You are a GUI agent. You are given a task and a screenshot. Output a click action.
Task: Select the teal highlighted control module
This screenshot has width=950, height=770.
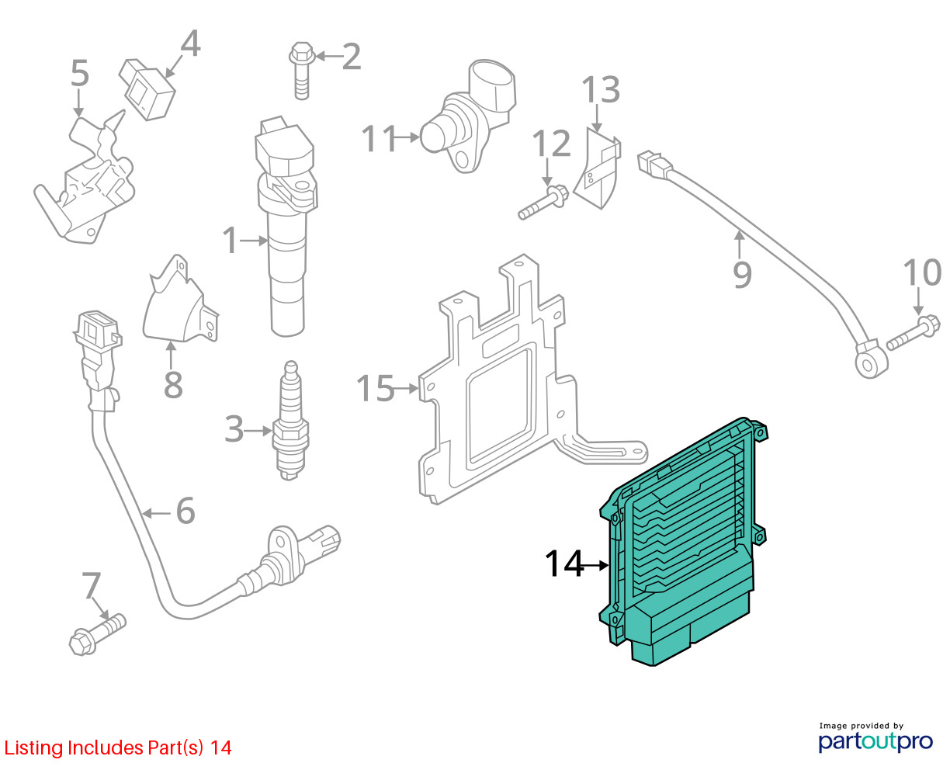click(683, 543)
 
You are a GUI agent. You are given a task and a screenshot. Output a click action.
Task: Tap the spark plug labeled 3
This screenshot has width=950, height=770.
click(290, 423)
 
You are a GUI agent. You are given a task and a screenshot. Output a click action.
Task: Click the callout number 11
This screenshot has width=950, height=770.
click(380, 139)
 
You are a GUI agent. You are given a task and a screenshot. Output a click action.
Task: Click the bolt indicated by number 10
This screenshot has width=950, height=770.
click(914, 332)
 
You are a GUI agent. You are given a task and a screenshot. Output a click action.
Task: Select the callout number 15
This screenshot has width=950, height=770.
click(375, 388)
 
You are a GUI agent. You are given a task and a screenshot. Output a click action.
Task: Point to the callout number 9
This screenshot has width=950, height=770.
click(742, 273)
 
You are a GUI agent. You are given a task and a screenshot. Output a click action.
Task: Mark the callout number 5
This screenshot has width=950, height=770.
click(79, 74)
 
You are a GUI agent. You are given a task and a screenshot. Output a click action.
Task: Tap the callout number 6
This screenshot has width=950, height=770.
click(185, 511)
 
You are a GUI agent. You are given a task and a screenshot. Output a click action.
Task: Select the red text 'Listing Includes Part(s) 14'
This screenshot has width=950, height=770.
click(118, 747)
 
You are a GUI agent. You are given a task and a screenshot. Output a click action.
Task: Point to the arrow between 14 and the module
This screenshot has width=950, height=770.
click(597, 565)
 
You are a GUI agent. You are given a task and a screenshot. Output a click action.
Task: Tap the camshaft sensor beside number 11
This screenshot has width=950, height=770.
click(466, 116)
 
